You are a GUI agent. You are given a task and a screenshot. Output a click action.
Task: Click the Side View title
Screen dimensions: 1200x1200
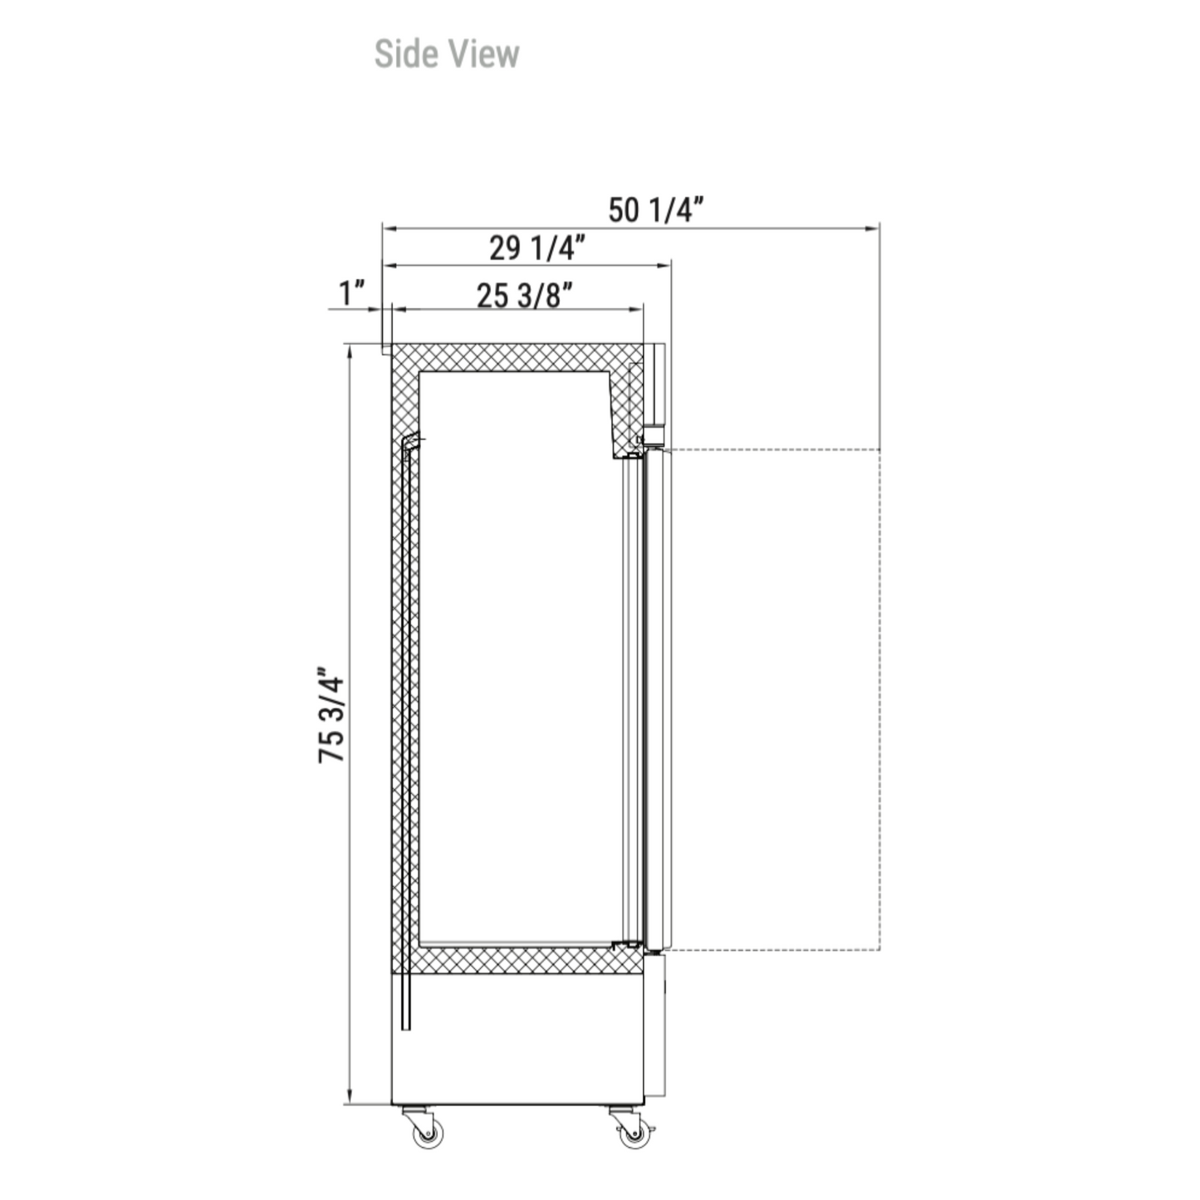(447, 54)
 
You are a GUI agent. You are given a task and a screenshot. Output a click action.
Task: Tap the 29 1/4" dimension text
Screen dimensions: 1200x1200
(537, 247)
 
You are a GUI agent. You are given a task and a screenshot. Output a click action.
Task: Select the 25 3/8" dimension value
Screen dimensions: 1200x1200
(524, 295)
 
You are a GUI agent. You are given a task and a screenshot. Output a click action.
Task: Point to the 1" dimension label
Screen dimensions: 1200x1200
(351, 292)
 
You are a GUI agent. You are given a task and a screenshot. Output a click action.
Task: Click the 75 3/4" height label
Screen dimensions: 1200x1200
(331, 716)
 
